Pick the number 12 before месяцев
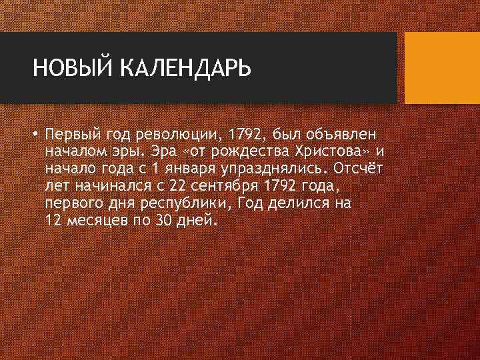[54, 219]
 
